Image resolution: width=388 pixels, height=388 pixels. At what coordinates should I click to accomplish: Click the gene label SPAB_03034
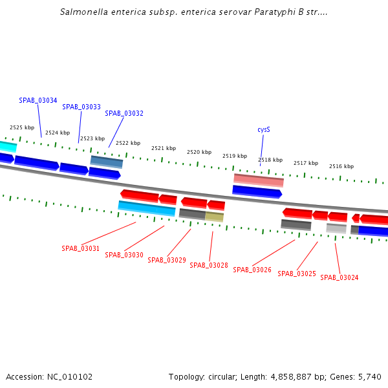click(x=38, y=101)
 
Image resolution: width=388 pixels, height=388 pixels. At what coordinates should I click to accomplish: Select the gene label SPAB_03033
click(x=81, y=107)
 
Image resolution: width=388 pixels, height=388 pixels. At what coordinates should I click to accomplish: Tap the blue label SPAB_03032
click(x=124, y=113)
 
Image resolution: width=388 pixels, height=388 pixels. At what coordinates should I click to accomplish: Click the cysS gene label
click(x=264, y=129)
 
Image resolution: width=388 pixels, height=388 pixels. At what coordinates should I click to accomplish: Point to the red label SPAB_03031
click(x=81, y=248)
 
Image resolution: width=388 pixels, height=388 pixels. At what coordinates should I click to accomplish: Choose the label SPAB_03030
click(x=124, y=255)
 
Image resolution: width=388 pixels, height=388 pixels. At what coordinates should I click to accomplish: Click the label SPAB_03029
click(x=167, y=260)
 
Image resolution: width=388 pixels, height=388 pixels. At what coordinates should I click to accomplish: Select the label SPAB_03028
click(x=209, y=265)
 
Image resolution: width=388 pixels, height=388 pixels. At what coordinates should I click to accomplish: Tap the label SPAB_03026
click(x=252, y=270)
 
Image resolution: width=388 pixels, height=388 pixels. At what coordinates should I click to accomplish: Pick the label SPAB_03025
click(x=297, y=274)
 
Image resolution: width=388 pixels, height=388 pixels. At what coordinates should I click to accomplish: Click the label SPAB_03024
click(x=339, y=277)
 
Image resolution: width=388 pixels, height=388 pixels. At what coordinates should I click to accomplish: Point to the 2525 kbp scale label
click(x=22, y=128)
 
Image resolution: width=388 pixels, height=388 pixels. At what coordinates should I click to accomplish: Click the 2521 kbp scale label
click(x=164, y=148)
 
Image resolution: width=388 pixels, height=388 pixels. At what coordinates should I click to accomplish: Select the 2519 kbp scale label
click(x=235, y=156)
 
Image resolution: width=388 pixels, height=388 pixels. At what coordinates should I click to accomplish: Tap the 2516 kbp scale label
click(x=341, y=166)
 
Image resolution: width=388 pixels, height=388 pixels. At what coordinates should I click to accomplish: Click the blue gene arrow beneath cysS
click(x=257, y=191)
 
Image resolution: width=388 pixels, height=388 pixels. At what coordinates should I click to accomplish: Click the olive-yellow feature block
click(x=215, y=217)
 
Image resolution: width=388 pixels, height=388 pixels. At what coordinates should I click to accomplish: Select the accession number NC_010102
click(x=70, y=376)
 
